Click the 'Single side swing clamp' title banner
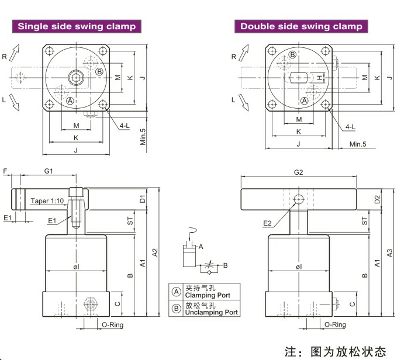[77, 26]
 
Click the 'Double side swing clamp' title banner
[301, 26]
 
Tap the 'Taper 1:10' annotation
[47, 200]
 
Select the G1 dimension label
[49, 171]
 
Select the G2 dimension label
[298, 172]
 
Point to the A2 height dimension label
[155, 252]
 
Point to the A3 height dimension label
[389, 253]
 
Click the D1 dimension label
[143, 199]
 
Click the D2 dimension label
[377, 199]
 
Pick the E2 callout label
[267, 223]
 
